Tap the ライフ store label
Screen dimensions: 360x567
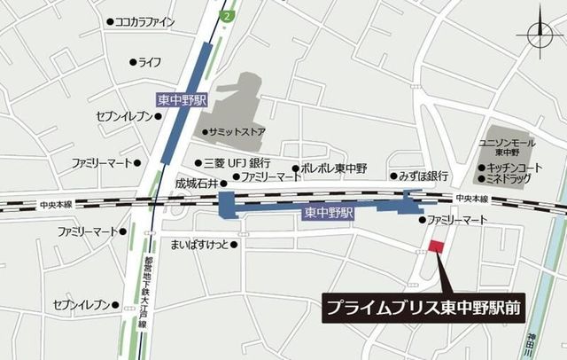[x=149, y=62]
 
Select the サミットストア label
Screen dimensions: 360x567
[x=240, y=132]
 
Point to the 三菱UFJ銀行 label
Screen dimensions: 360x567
[x=237, y=163]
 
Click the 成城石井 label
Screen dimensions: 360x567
[x=196, y=183]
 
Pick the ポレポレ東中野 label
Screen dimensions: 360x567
[x=336, y=168]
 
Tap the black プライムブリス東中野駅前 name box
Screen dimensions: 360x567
[x=423, y=309]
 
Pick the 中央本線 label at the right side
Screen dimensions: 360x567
[x=473, y=198]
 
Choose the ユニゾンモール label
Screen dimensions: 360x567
[x=507, y=142]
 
